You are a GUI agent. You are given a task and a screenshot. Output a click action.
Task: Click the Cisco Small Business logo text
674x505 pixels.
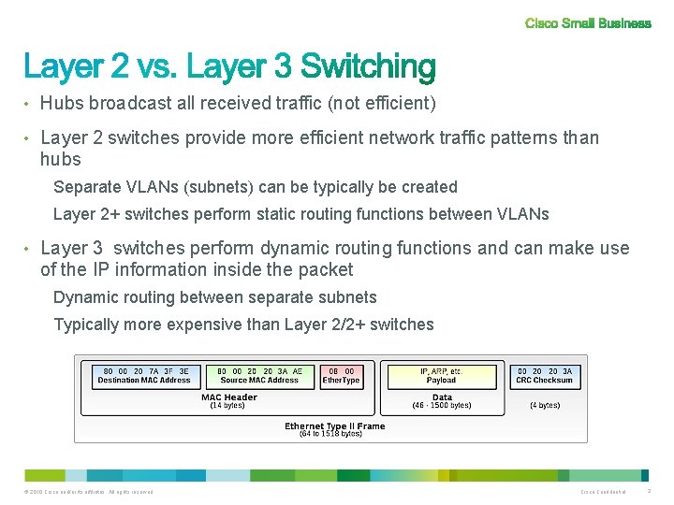[x=588, y=23]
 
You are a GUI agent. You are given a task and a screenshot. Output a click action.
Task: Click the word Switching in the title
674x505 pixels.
[x=369, y=66]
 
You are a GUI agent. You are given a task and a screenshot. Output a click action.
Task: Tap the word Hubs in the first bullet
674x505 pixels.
[x=63, y=103]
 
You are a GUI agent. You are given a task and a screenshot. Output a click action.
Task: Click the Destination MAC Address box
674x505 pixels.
[x=144, y=376]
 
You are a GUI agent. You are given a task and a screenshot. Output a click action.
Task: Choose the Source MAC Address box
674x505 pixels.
[x=259, y=376]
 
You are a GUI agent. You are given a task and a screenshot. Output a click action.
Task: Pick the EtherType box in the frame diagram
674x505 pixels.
[x=341, y=376]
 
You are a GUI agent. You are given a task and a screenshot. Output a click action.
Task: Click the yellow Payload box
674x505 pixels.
[x=441, y=376]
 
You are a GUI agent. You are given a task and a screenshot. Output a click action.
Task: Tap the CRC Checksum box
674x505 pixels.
[x=545, y=376]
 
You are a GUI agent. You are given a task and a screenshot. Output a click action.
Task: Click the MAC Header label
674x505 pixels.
[x=228, y=397]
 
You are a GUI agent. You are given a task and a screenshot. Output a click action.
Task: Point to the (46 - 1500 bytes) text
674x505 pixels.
[x=441, y=406]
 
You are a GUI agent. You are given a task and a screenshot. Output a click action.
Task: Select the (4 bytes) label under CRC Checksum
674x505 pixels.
[x=545, y=406]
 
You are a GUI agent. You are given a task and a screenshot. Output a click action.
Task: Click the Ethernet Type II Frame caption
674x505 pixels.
[x=334, y=426]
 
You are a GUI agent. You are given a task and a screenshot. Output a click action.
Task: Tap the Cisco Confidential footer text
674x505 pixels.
[x=603, y=492]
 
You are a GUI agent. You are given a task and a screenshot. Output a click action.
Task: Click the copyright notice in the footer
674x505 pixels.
[x=91, y=492]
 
